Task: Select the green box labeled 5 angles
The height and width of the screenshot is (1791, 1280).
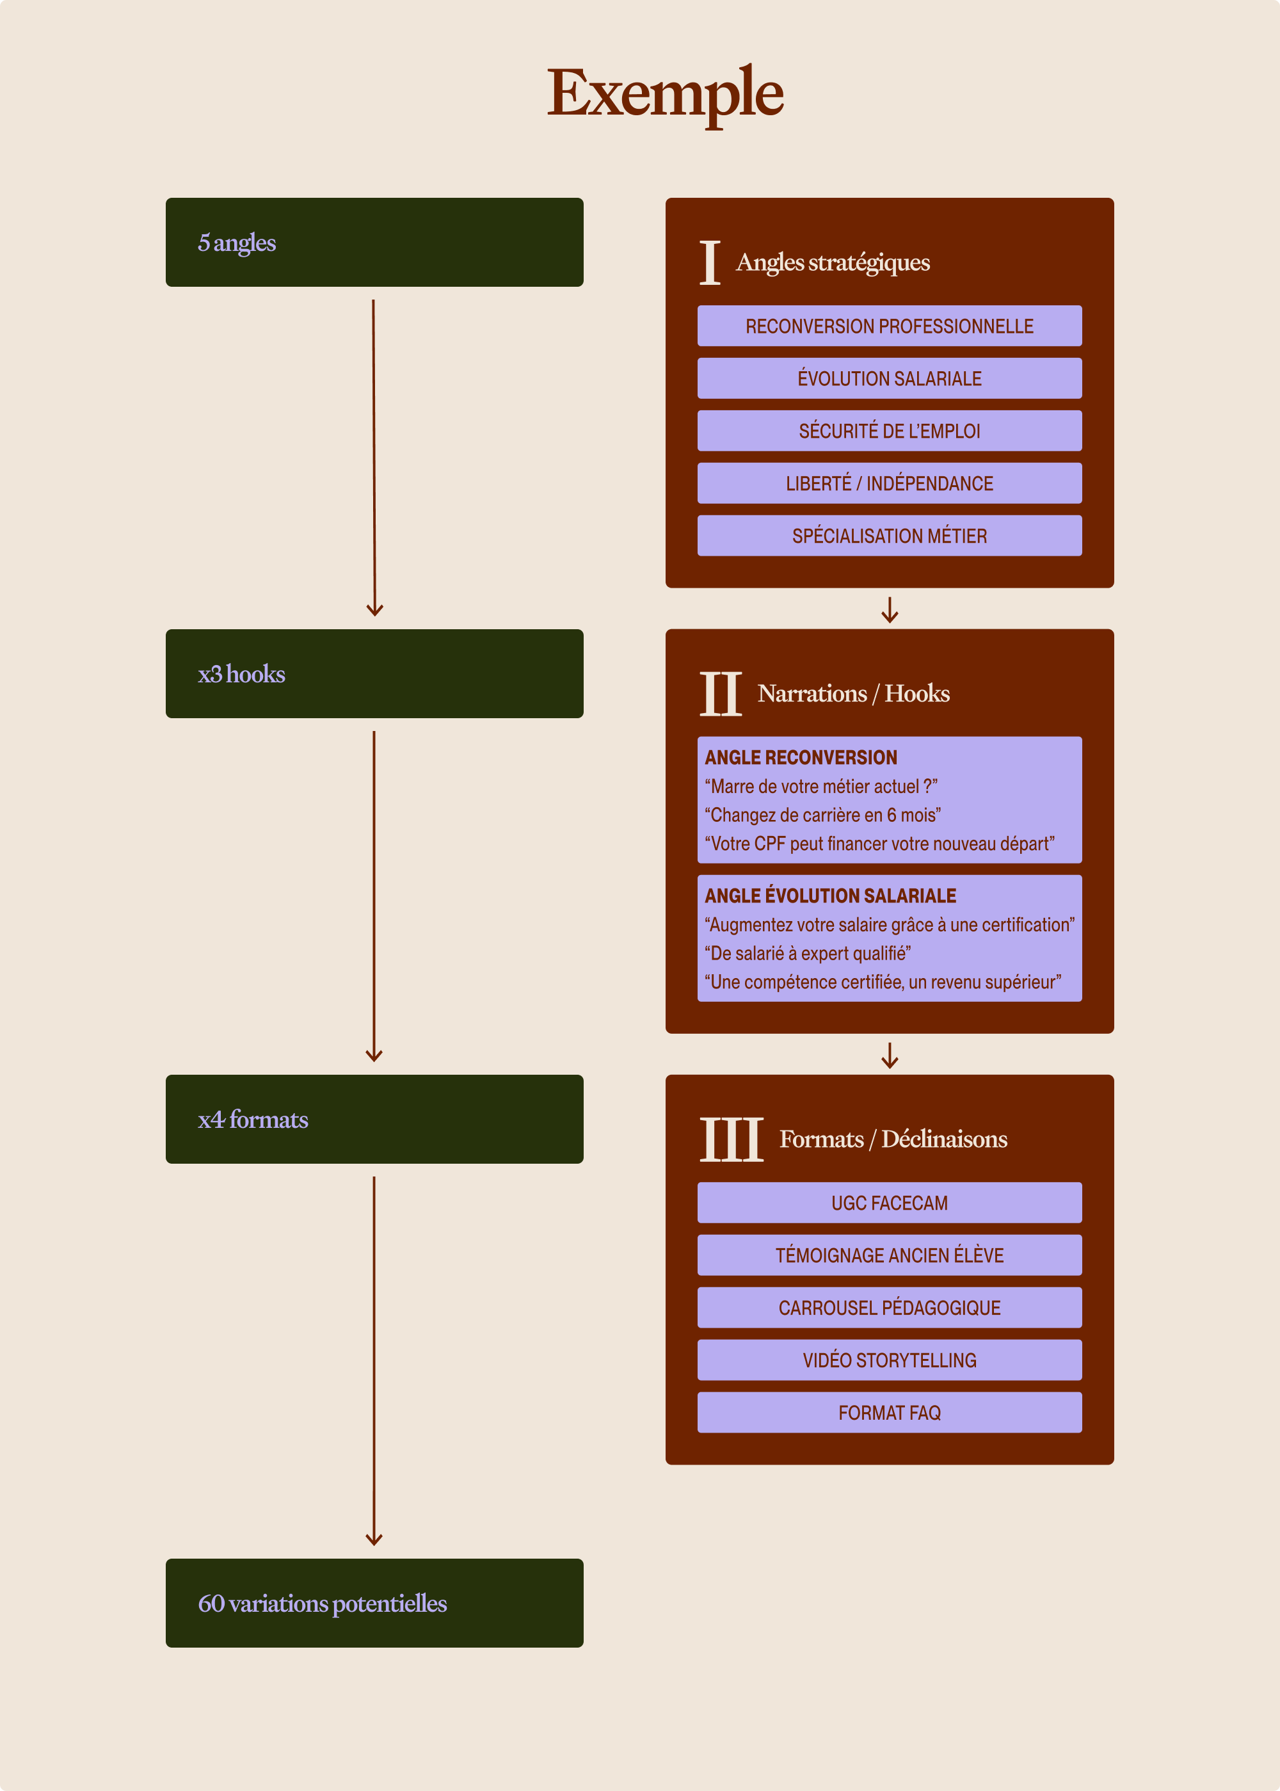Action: (x=374, y=242)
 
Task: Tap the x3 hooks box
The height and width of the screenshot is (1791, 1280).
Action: (x=374, y=673)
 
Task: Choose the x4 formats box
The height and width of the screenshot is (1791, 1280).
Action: (x=374, y=1119)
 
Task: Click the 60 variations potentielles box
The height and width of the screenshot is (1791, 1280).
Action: (x=374, y=1603)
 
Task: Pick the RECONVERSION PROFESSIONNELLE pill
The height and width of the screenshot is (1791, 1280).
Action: (x=889, y=326)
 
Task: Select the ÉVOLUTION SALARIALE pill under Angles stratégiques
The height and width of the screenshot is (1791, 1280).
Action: (x=889, y=378)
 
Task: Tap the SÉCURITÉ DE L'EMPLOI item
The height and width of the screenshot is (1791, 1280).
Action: (x=889, y=430)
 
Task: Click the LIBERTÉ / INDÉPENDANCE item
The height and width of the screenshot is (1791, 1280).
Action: (x=889, y=483)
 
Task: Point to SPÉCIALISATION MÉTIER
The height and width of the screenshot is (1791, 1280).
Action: (x=889, y=535)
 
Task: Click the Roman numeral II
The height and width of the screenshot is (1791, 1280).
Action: (x=721, y=694)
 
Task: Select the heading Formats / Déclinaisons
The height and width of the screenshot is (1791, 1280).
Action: (x=893, y=1139)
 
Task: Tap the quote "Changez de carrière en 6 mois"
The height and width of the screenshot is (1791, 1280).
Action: (x=822, y=814)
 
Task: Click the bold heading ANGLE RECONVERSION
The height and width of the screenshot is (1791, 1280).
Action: (x=801, y=757)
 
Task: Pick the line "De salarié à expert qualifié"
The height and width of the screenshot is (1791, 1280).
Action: (x=807, y=953)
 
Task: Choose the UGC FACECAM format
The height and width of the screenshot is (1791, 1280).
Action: (x=889, y=1202)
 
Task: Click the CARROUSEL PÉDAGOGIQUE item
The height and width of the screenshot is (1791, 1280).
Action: (x=889, y=1307)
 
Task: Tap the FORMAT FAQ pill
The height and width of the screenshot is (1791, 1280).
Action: (x=889, y=1412)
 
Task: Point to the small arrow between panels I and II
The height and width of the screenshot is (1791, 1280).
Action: (x=889, y=609)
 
